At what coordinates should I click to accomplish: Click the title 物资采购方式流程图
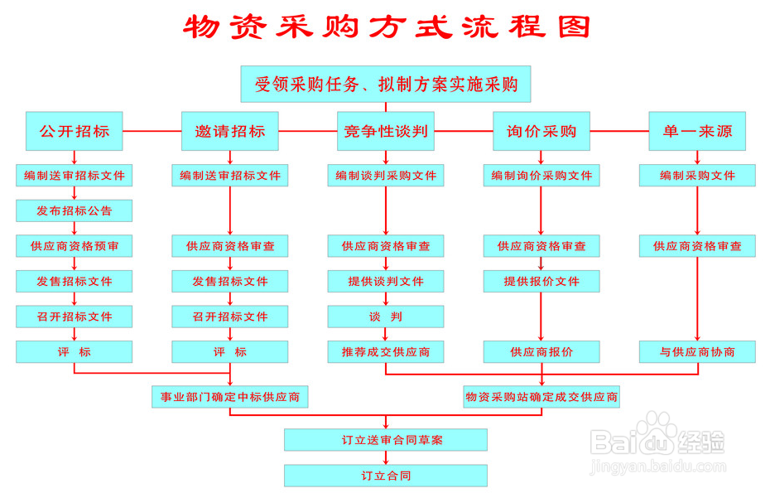coord(386,27)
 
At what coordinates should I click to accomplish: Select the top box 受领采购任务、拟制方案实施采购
coord(386,84)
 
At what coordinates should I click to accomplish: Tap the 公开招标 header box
coord(75,131)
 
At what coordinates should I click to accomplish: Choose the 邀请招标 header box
coord(230,131)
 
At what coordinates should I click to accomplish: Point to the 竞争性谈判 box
coord(386,131)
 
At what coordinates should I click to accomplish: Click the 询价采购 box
coord(541,131)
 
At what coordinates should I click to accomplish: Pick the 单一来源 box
coord(697,131)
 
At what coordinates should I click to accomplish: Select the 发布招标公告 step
coord(75,210)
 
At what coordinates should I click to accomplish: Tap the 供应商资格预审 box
coord(75,246)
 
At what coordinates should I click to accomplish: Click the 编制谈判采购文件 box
coord(386,176)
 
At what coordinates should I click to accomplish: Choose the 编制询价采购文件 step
coord(541,176)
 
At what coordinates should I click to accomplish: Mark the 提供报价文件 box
coord(541,282)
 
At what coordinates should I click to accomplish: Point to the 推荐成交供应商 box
coord(386,352)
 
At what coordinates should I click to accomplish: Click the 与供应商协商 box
coord(697,352)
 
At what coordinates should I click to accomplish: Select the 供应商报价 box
coord(541,352)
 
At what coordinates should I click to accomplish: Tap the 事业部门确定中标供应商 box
coord(230,397)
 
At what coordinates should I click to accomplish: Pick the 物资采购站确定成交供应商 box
coord(541,397)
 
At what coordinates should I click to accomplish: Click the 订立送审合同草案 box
coord(386,440)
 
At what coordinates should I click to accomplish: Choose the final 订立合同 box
coord(386,476)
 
